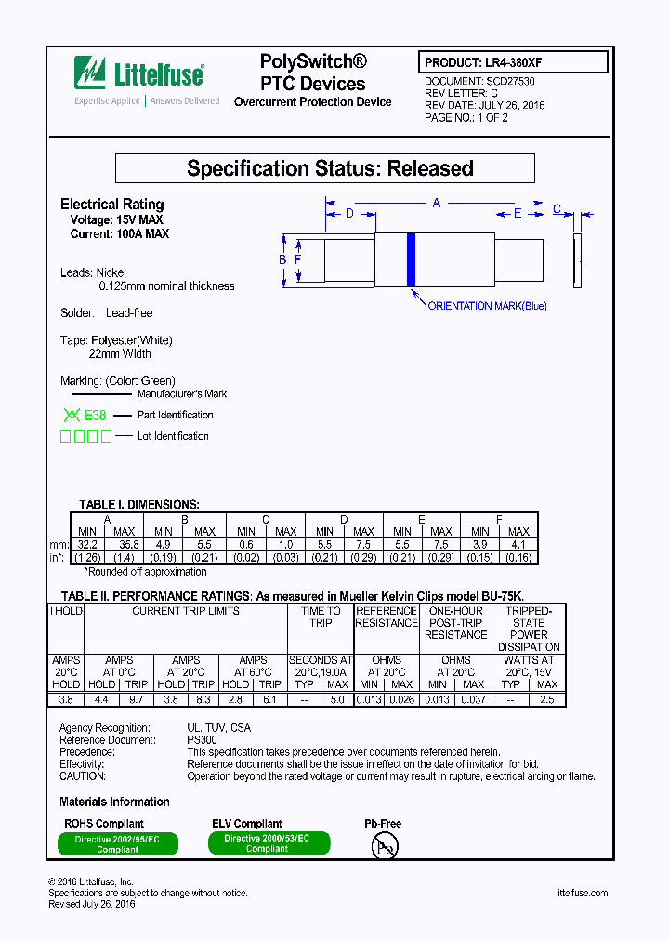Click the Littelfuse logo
139,73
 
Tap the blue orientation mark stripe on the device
410,259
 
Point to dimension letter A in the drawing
436,203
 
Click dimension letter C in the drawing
557,209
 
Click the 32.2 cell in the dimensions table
87,544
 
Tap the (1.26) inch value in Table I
87,557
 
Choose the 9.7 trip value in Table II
136,698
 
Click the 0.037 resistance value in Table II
474,698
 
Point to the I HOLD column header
66,611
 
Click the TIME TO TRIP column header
321,616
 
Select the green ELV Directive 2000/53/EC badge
267,842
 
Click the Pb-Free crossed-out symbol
384,845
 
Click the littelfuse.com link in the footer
581,893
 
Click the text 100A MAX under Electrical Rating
145,234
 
